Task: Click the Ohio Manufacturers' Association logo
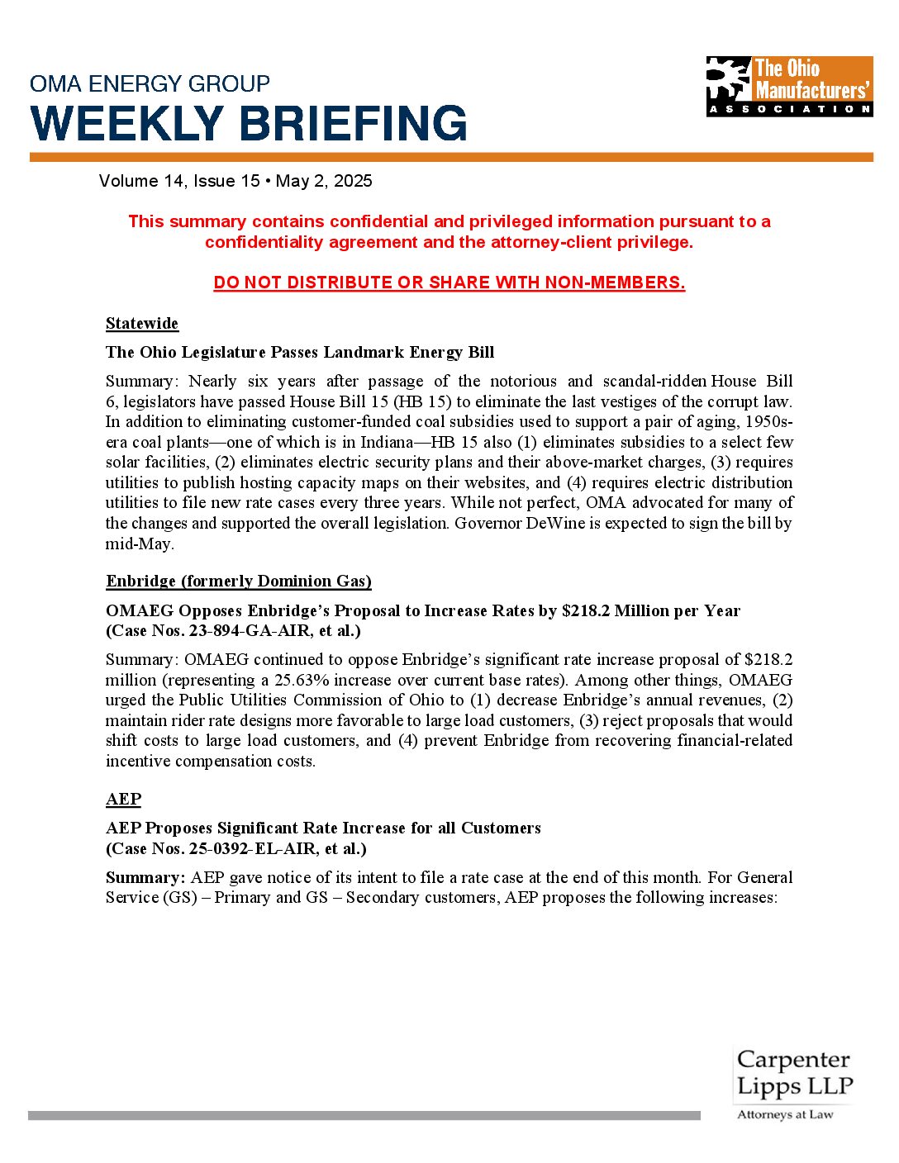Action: pos(789,86)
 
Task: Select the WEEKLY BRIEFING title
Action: pos(249,124)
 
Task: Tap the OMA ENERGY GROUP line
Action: pos(150,83)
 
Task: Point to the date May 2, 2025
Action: pos(324,181)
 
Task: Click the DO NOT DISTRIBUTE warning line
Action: pos(449,282)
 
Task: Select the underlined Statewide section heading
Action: pos(142,323)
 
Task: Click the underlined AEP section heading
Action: pos(123,799)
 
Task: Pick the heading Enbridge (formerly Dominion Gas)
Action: pos(238,581)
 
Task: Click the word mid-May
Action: pos(139,544)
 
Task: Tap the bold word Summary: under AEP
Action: pos(145,877)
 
